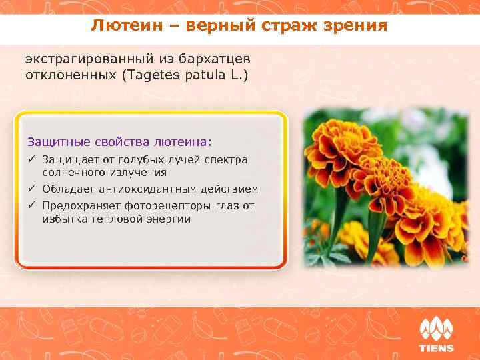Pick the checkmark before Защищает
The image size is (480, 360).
click(x=31, y=159)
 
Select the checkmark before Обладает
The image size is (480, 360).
click(x=31, y=189)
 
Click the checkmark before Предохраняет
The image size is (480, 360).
click(x=31, y=206)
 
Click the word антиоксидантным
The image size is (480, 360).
click(x=147, y=189)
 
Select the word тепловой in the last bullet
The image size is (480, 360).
click(x=124, y=219)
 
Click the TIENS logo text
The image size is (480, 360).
click(x=436, y=348)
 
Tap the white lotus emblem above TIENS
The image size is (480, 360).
click(x=436, y=329)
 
